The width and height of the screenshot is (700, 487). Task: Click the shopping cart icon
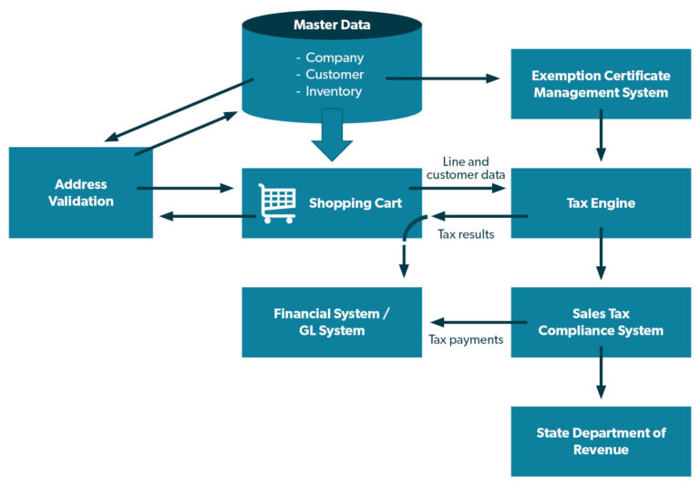coord(277,203)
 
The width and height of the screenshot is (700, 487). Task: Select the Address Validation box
coord(81,192)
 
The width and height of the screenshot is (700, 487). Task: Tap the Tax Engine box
coord(601,202)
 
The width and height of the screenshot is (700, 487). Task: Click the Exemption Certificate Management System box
coord(601,84)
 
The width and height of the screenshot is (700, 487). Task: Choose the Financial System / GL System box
coord(332,322)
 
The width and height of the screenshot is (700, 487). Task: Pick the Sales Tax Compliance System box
coord(601,322)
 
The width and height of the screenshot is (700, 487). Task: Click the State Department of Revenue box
coord(601,440)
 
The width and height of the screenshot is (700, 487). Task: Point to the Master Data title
coord(332,25)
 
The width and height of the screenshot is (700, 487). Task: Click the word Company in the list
coord(334,57)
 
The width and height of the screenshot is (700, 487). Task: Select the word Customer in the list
coord(334,74)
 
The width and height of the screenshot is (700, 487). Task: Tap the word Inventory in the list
coord(334,91)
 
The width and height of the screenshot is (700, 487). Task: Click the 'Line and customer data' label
coord(465,168)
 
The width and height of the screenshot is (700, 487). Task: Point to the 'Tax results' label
coord(466,234)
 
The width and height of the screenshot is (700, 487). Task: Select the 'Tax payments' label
coord(466,340)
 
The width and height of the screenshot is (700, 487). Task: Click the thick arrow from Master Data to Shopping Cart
coord(332,134)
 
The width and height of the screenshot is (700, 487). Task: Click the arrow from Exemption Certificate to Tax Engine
coord(601,135)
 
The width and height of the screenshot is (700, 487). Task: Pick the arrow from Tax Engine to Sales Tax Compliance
coord(601,255)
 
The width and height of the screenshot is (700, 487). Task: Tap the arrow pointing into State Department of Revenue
coord(601,375)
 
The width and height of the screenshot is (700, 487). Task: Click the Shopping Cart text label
coord(355,202)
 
